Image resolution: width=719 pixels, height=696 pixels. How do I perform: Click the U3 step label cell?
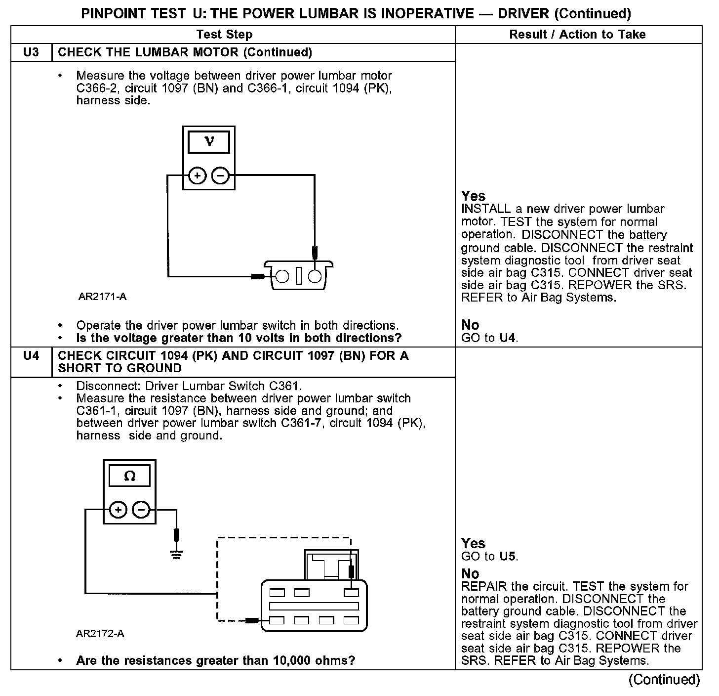[31, 52]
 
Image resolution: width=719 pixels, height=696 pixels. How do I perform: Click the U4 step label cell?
[31, 356]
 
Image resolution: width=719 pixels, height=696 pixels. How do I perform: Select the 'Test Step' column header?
[224, 35]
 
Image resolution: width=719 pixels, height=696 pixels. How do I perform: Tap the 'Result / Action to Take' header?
[577, 35]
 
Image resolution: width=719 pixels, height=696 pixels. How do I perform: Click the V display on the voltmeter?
[209, 142]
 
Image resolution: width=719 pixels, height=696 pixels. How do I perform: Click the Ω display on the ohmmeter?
[129, 476]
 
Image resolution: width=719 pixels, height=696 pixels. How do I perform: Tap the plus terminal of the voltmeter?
[197, 175]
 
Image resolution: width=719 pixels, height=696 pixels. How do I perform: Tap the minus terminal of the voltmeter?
[220, 175]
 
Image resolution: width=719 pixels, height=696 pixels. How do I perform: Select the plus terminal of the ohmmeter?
[118, 510]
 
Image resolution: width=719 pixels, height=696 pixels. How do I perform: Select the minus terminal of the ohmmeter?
[141, 510]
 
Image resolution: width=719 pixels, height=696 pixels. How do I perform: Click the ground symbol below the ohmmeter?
[176, 553]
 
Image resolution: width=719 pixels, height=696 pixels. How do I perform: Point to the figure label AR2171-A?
[102, 297]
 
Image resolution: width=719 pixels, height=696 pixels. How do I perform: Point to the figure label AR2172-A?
[100, 634]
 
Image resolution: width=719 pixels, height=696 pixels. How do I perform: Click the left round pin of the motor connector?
[282, 276]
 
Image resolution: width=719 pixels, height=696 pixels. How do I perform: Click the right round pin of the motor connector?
[315, 276]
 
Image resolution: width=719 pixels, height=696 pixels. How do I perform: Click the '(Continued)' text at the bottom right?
[664, 680]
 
